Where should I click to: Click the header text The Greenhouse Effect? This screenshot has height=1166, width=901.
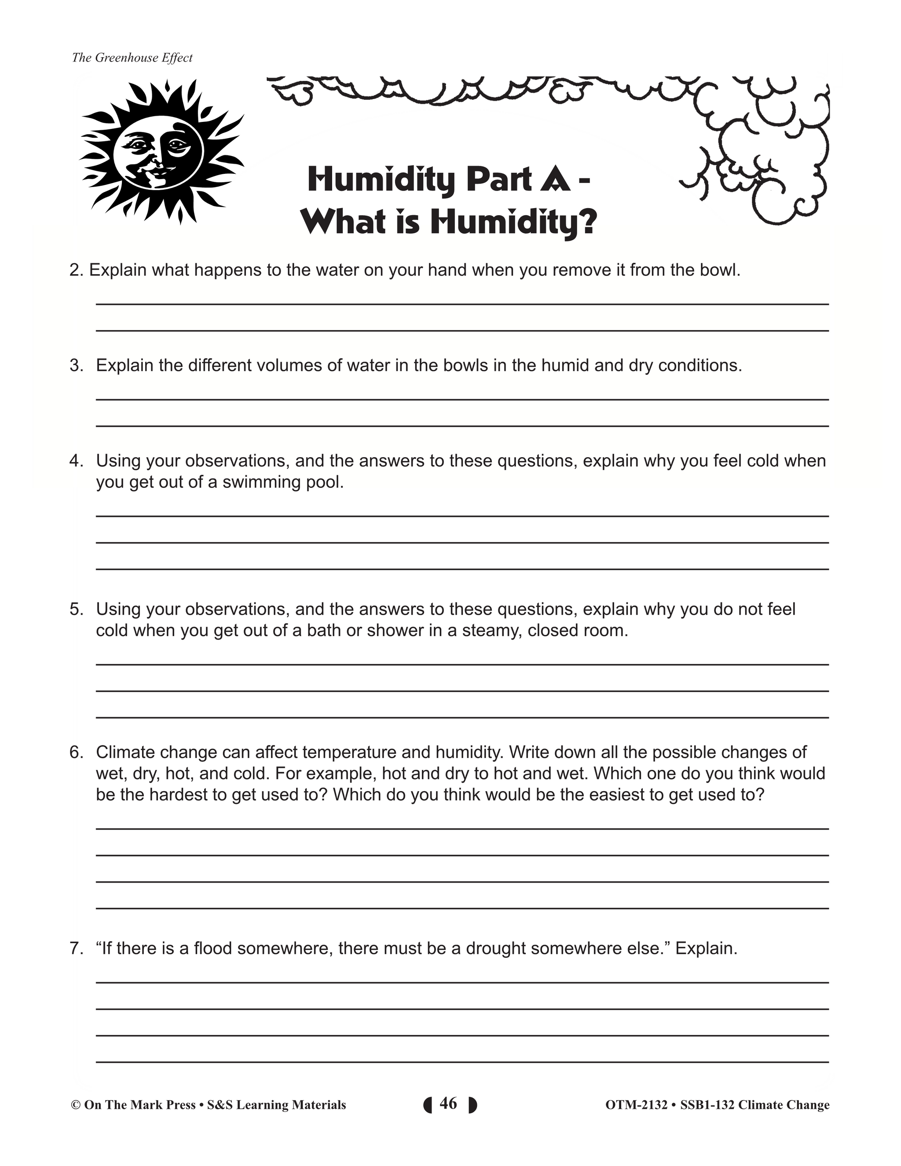coord(132,58)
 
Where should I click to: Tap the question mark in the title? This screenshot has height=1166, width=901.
coord(586,222)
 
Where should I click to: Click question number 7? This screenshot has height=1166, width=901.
coord(76,949)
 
